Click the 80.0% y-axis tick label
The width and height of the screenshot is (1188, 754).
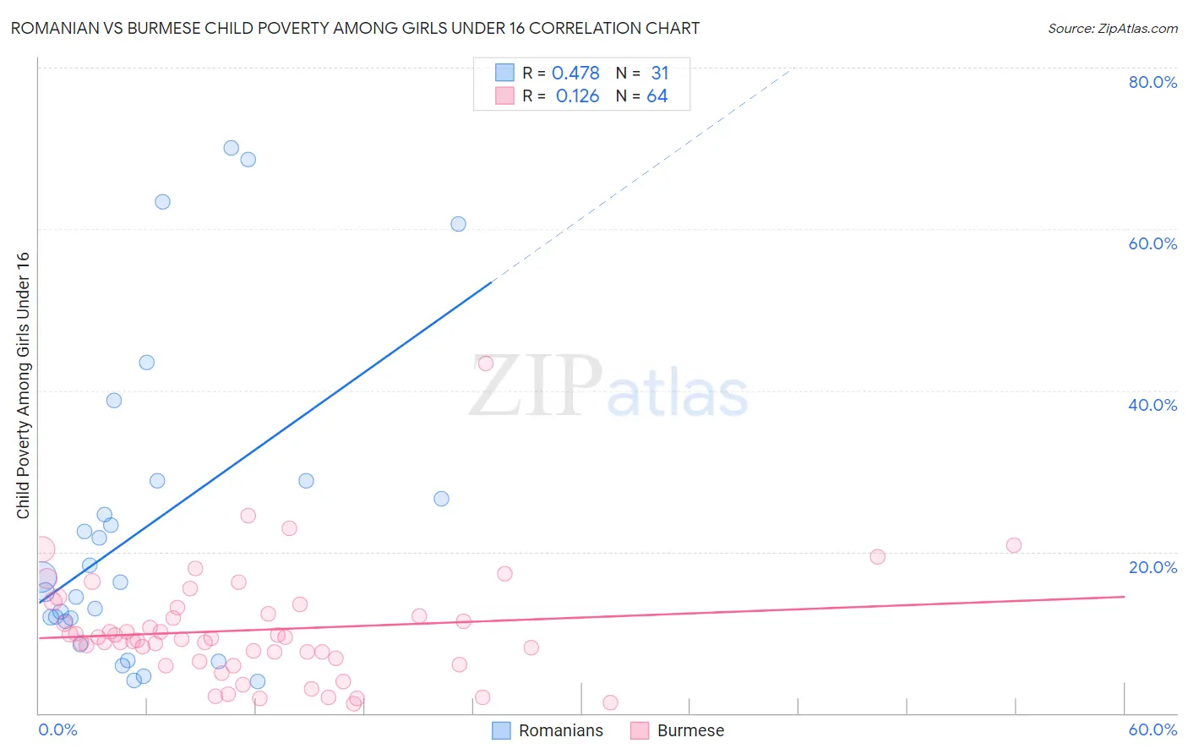click(1153, 82)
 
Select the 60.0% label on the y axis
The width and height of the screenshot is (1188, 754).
click(1153, 243)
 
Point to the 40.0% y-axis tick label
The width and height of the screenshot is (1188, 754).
click(1153, 405)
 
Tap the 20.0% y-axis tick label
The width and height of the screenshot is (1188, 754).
click(1153, 567)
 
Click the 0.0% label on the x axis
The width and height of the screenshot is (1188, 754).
click(57, 729)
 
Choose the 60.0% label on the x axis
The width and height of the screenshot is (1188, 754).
click(1153, 729)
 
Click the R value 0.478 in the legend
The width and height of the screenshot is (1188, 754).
click(575, 74)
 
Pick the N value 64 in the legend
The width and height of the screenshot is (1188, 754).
click(657, 96)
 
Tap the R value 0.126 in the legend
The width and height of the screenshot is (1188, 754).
click(577, 96)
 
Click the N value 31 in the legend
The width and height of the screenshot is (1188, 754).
click(660, 74)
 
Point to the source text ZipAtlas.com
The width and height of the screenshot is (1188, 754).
click(1112, 29)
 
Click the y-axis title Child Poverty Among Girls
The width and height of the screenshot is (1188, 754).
click(23, 385)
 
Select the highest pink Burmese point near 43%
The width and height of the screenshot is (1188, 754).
click(485, 363)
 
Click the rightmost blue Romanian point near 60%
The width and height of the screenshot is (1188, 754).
click(458, 224)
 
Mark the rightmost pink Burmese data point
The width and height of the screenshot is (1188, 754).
click(1014, 545)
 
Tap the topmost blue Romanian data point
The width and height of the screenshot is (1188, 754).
click(231, 148)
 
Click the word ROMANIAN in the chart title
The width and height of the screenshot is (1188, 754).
click(53, 28)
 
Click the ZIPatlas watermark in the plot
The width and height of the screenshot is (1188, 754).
click(608, 387)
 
